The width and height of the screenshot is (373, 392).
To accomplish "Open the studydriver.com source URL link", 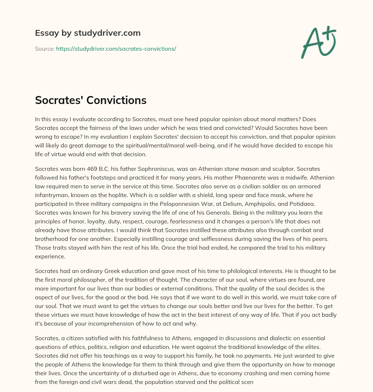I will point(116,49).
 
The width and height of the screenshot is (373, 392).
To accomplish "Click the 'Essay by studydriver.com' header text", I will point(88,33).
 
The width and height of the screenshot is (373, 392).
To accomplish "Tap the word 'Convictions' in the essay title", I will point(117,100).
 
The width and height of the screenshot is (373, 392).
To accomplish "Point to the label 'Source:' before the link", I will point(44,49).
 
